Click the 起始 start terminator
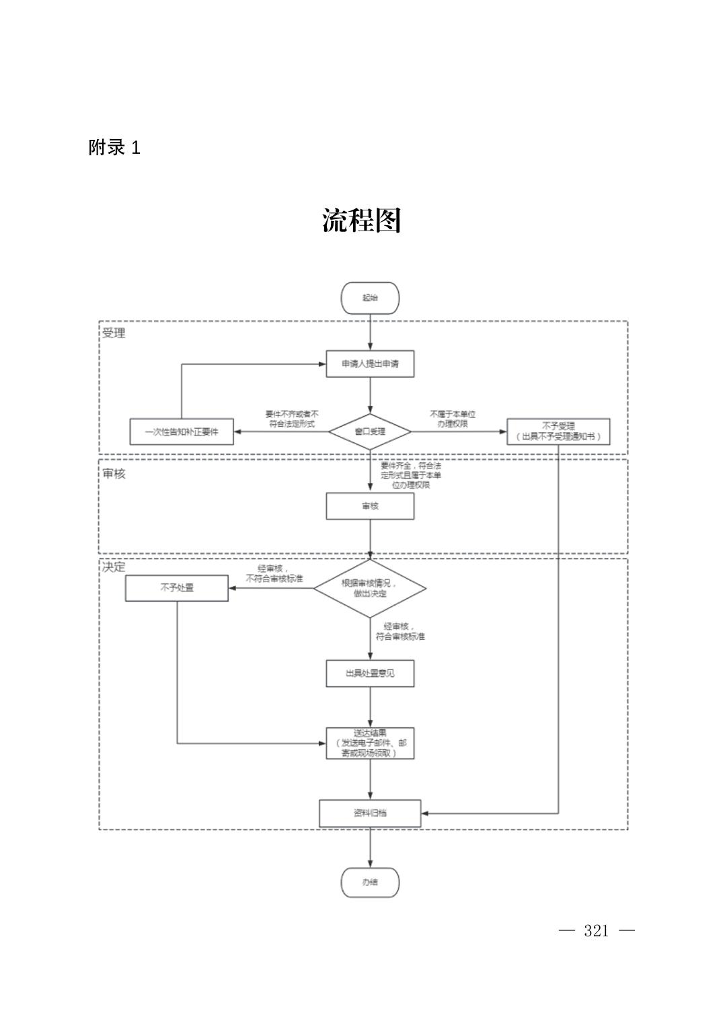pyautogui.click(x=370, y=298)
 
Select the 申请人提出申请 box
pyautogui.click(x=370, y=364)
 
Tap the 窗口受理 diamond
pyautogui.click(x=370, y=432)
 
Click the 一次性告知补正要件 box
pyautogui.click(x=182, y=432)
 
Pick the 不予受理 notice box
pyautogui.click(x=558, y=432)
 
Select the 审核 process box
pyautogui.click(x=370, y=506)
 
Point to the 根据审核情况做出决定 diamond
pyautogui.click(x=370, y=588)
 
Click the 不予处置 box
pyautogui.click(x=177, y=587)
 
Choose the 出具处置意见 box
pyautogui.click(x=370, y=673)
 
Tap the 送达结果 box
pyautogui.click(x=370, y=743)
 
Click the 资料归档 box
pyautogui.click(x=370, y=813)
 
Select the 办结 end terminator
pyautogui.click(x=370, y=882)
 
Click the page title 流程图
pyautogui.click(x=361, y=220)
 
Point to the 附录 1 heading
pyautogui.click(x=114, y=148)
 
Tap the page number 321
pyautogui.click(x=597, y=931)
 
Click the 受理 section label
pyautogui.click(x=114, y=333)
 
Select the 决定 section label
pyautogui.click(x=114, y=567)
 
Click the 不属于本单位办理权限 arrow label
pyautogui.click(x=453, y=419)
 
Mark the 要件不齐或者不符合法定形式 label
pyautogui.click(x=292, y=419)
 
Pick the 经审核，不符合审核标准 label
pyautogui.click(x=274, y=573)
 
